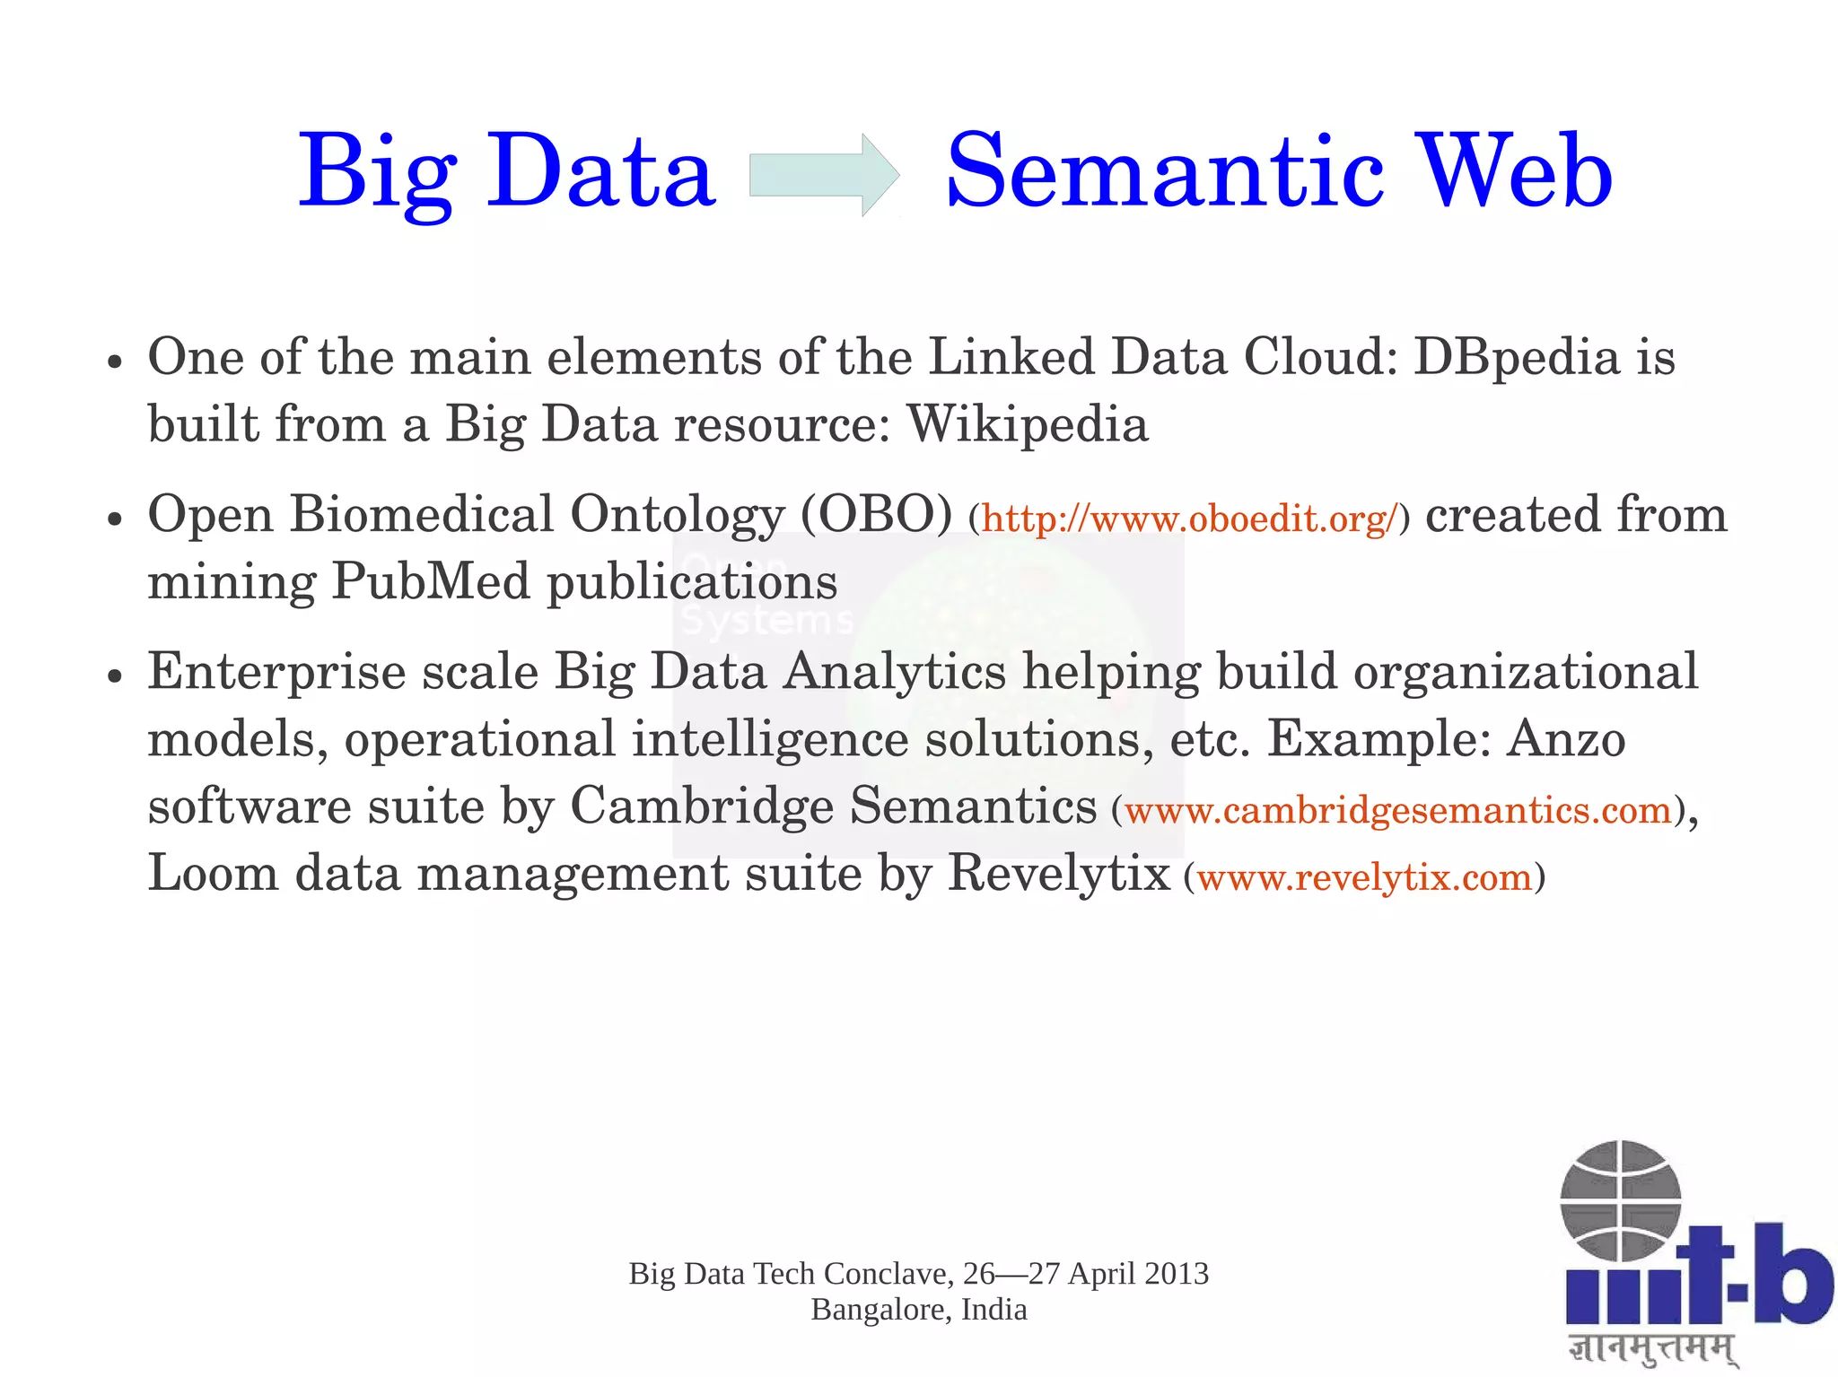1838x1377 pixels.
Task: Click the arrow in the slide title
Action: point(824,175)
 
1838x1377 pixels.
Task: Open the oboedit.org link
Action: point(1190,519)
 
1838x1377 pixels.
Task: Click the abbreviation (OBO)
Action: point(875,516)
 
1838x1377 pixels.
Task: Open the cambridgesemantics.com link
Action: point(1398,811)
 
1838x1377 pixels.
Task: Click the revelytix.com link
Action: point(1364,877)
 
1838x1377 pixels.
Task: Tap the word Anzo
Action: point(1566,740)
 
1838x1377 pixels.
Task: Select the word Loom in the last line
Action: point(213,873)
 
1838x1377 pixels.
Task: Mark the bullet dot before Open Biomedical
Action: point(114,519)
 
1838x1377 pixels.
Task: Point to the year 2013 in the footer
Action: point(1177,1274)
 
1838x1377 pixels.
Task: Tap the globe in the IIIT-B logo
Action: point(1620,1200)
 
